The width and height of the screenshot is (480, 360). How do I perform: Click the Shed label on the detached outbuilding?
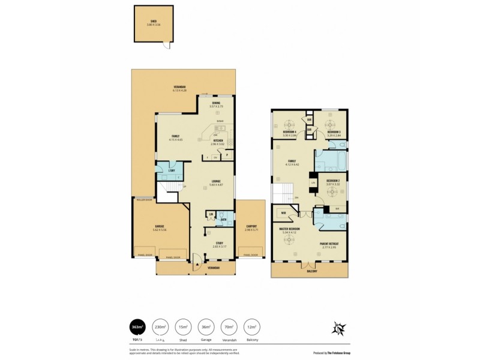(154, 22)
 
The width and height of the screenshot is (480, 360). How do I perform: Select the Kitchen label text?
(217, 142)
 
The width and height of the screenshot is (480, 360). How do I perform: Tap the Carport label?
(251, 228)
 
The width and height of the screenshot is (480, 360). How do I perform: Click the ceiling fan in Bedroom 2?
(332, 191)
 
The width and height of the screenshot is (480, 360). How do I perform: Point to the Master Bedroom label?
(289, 230)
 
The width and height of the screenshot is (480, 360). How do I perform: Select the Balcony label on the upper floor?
(309, 272)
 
